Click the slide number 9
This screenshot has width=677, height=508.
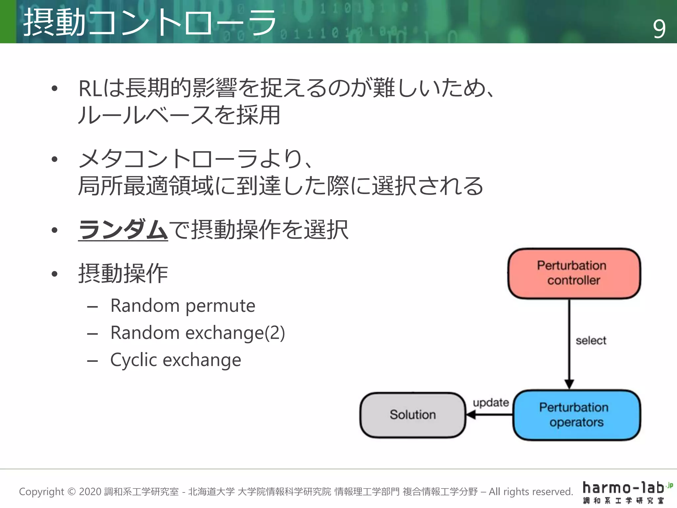tap(659, 29)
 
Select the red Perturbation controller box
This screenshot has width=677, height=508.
tap(574, 274)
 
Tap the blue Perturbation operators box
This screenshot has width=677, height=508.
tap(576, 415)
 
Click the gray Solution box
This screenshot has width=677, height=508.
tap(413, 415)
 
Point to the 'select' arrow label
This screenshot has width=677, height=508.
tap(591, 341)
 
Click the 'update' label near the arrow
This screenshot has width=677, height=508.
tap(491, 402)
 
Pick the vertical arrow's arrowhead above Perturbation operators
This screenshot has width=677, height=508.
tap(569, 384)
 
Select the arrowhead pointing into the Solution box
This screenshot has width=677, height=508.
tap(471, 415)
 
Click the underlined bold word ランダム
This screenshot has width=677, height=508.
tap(123, 230)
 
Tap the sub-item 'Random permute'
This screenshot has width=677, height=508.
tap(182, 306)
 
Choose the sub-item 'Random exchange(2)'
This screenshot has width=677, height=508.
tap(197, 333)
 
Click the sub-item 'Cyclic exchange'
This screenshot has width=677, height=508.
tap(176, 360)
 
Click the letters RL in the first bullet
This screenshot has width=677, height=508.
tap(90, 89)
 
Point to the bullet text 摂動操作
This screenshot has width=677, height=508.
tap(123, 274)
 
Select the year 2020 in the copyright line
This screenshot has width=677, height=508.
tap(90, 492)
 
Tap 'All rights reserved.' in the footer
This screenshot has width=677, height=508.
tap(531, 492)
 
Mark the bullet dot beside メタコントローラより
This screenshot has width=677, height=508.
tap(55, 159)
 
